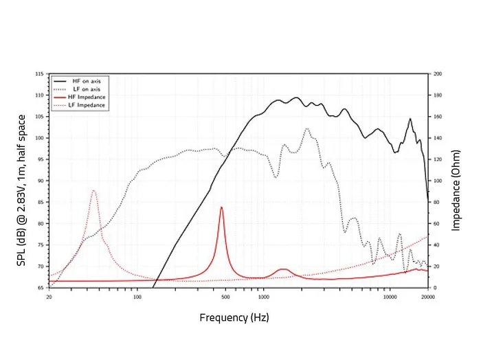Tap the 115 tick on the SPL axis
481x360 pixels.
point(39,74)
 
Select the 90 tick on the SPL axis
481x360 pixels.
point(41,181)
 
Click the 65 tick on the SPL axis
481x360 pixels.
point(41,288)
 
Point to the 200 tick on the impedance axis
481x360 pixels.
point(437,74)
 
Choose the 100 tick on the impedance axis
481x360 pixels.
point(437,181)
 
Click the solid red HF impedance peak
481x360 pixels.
point(221,207)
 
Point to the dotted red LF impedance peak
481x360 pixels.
point(93,191)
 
